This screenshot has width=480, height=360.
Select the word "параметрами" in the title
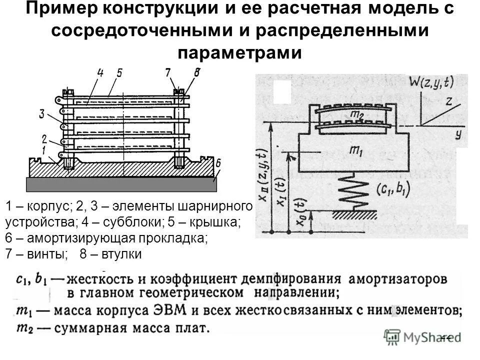[x=240, y=51]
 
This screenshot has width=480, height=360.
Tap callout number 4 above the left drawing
[x=100, y=73]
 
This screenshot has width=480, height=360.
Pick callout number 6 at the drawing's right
[x=218, y=162]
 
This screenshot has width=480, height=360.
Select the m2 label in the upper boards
[x=357, y=114]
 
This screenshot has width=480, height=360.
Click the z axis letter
[x=449, y=101]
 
